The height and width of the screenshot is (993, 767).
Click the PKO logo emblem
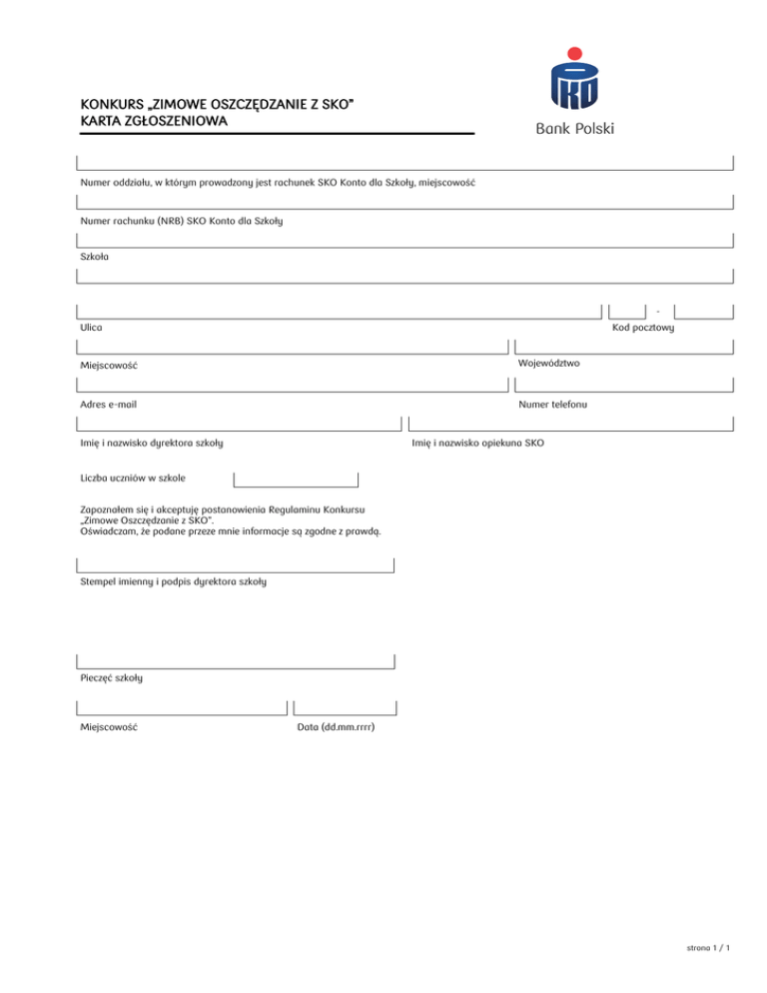[x=574, y=86]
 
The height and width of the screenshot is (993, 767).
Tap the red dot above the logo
[x=574, y=52]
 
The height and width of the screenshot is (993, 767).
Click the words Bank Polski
[x=574, y=129]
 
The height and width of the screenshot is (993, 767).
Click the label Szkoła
[x=95, y=256]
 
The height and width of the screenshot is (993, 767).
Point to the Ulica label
[x=91, y=328]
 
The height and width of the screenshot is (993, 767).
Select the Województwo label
[x=549, y=364]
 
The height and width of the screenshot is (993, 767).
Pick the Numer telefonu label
[x=552, y=405]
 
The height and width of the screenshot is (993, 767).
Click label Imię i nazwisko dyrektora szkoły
[x=151, y=442]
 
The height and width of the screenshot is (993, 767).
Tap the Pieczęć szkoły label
[x=111, y=678]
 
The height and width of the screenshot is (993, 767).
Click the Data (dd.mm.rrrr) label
[x=336, y=728]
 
